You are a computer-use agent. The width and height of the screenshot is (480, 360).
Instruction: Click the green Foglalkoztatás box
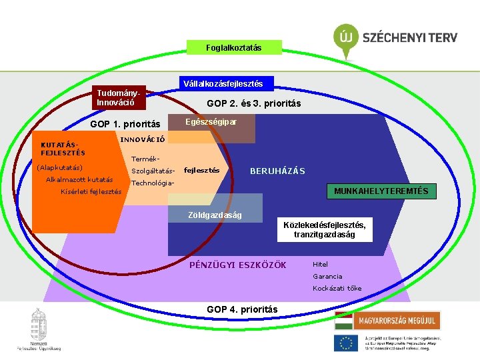234,47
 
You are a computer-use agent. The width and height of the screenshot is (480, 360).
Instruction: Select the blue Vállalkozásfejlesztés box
222,84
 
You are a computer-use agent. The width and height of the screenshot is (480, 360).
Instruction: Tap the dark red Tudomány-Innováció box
119,98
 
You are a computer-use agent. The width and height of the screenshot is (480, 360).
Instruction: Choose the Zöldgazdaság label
215,215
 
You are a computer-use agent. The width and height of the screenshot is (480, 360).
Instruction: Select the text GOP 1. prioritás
125,124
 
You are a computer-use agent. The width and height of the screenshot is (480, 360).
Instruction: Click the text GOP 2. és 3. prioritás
253,104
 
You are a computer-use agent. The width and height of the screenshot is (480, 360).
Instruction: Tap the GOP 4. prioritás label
242,309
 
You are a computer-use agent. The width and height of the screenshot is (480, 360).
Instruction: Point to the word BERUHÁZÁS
277,171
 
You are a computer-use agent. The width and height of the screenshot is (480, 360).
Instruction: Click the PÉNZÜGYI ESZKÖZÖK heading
238,265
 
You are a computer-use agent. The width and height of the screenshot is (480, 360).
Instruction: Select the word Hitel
320,264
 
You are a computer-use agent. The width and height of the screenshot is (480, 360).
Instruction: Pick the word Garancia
327,276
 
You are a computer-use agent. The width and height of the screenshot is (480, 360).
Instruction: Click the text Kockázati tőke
337,288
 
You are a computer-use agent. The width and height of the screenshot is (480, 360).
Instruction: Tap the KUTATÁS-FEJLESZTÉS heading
63,149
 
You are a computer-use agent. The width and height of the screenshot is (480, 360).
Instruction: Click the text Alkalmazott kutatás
79,179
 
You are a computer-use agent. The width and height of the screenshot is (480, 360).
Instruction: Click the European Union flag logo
346,343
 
